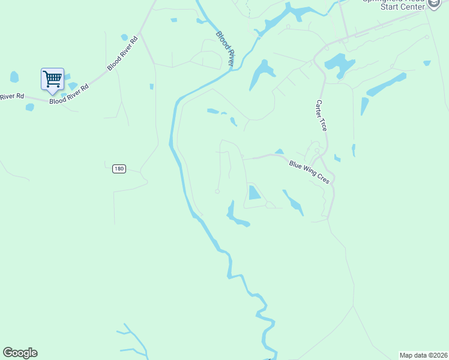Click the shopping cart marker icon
coord(52,79)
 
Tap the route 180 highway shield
coord(119,169)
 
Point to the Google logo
coord(20,353)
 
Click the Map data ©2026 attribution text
coord(423,355)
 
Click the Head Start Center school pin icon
coord(434,4)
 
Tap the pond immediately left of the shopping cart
coord(14,77)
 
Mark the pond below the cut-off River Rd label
coord(29,107)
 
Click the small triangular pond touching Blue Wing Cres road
coord(279,152)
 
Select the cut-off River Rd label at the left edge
coord(11,96)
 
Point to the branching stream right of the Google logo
coord(132,339)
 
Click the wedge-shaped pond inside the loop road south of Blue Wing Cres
coord(254,193)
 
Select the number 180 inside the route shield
coord(119,169)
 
